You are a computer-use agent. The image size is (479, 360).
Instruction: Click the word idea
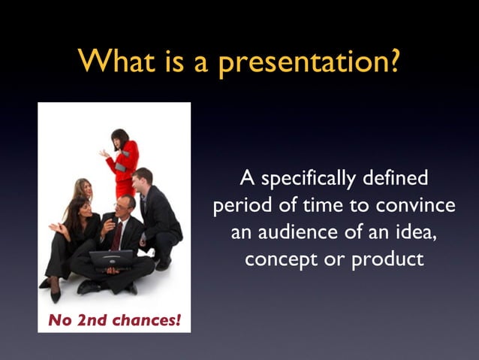coord(414,232)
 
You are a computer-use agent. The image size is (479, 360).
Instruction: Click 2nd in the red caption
coord(89,320)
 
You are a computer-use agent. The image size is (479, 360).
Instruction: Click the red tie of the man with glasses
coord(117,235)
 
